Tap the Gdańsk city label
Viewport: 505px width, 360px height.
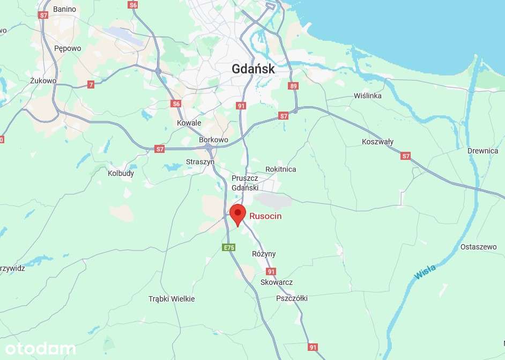[253, 69]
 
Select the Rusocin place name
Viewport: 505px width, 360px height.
[265, 216]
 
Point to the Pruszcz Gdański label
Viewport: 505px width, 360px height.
[245, 183]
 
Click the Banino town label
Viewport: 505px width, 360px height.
[65, 9]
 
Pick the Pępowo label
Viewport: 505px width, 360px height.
[68, 48]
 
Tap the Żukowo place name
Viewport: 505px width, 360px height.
[43, 80]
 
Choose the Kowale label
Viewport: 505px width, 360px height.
[189, 123]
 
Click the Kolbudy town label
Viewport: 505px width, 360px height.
[121, 173]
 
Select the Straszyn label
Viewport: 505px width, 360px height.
[200, 161]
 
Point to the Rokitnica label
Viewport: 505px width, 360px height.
[280, 169]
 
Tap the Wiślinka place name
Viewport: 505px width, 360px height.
[368, 95]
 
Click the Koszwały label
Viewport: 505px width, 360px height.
[377, 142]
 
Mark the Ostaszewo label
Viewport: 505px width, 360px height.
[479, 247]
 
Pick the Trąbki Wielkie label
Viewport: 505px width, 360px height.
[172, 299]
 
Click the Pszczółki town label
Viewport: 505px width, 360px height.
[292, 298]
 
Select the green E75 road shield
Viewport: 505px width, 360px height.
[229, 247]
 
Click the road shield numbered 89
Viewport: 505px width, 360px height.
[293, 86]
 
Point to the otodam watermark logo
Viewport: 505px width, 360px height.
[38, 349]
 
